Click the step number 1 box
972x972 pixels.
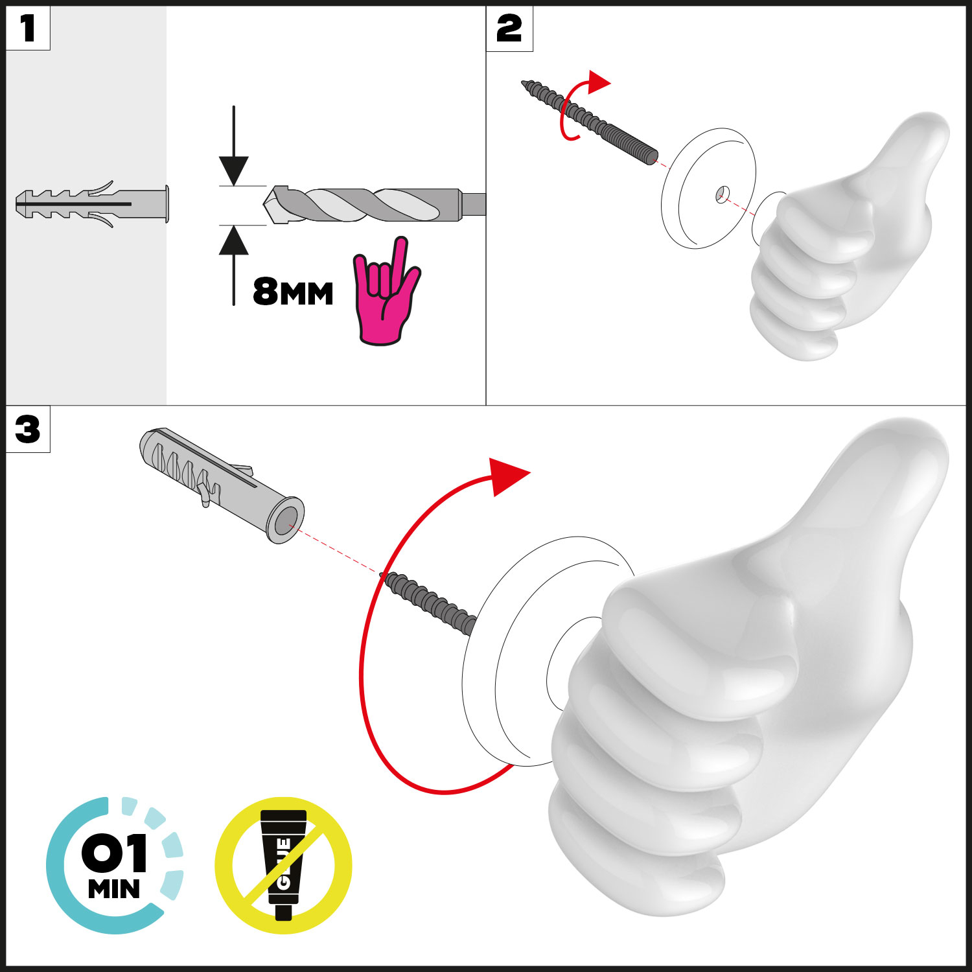coord(28,28)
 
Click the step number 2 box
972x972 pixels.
coord(509,29)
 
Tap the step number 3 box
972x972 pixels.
coord(28,429)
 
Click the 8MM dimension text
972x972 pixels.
coord(293,292)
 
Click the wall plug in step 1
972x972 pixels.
coord(92,204)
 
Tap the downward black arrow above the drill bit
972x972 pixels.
coord(234,146)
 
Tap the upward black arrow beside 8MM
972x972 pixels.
coord(234,265)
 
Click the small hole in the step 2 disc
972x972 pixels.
coord(723,193)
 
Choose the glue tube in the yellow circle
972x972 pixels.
coord(283,864)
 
